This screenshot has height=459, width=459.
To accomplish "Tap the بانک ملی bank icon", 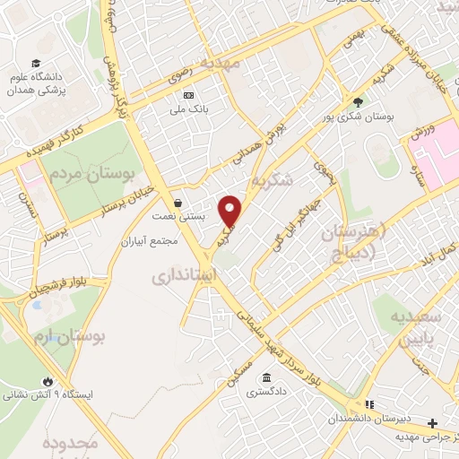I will [187, 95].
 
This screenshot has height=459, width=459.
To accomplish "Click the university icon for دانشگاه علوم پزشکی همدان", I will [36, 64].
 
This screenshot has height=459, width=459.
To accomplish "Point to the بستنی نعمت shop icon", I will [178, 203].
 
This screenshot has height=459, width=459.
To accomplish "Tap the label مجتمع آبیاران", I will [152, 242].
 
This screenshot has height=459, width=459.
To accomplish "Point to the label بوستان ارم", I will [77, 337].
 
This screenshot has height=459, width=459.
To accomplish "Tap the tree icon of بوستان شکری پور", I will [359, 102].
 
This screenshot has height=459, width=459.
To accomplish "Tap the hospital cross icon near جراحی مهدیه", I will [433, 422].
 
